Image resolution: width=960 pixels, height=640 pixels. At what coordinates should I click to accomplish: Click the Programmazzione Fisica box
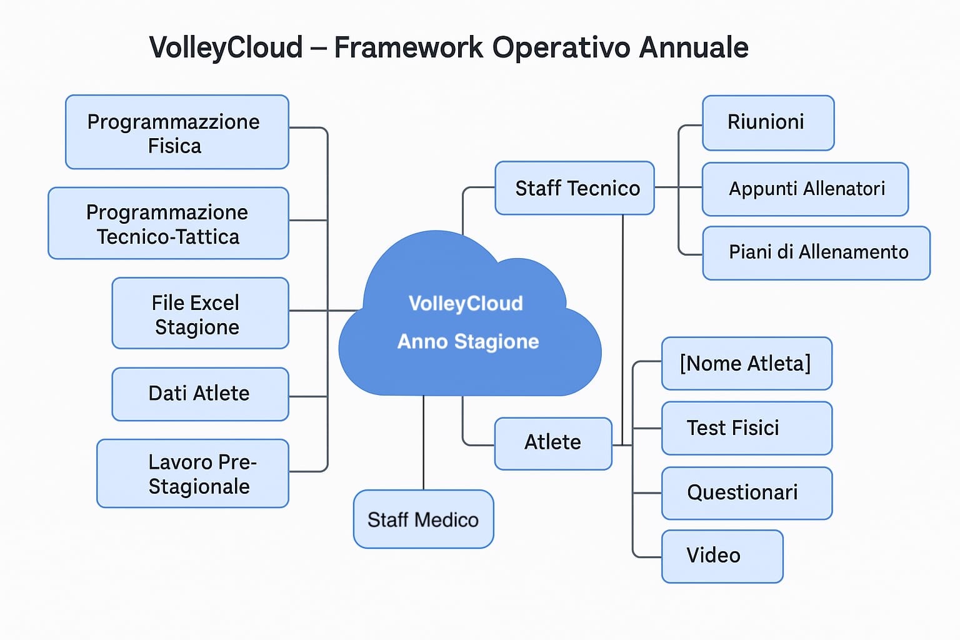(177, 132)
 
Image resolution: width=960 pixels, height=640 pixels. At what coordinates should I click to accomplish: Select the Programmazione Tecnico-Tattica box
(168, 224)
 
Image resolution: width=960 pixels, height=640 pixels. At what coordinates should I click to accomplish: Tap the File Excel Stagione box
(200, 314)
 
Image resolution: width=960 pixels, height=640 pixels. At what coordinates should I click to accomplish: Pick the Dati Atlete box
(200, 394)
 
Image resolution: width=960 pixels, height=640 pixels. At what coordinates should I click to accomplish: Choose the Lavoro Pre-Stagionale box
(192, 474)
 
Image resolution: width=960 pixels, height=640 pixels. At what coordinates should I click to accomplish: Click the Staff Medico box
(423, 519)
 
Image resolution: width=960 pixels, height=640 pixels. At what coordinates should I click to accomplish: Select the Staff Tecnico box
(574, 188)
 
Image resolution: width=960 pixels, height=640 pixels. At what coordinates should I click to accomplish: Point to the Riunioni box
(768, 122)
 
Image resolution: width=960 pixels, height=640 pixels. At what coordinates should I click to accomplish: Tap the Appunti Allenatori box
(805, 189)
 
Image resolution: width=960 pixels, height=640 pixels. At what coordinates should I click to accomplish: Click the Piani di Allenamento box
(816, 252)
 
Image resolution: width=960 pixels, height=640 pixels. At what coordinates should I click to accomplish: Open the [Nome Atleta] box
(746, 364)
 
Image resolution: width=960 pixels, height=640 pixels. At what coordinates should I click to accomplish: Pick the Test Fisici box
(746, 428)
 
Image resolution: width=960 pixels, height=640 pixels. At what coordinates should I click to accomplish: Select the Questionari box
(746, 493)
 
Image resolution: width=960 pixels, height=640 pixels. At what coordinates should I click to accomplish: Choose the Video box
(722, 556)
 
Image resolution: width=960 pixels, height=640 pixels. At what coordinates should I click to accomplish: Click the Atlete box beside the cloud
(552, 443)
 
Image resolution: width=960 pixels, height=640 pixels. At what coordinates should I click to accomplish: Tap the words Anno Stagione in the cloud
(468, 342)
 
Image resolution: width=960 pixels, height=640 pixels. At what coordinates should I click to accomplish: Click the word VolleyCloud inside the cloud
(466, 304)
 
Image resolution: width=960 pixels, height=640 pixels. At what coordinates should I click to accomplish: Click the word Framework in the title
(408, 47)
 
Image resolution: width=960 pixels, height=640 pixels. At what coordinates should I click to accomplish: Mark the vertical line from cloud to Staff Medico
(424, 443)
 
